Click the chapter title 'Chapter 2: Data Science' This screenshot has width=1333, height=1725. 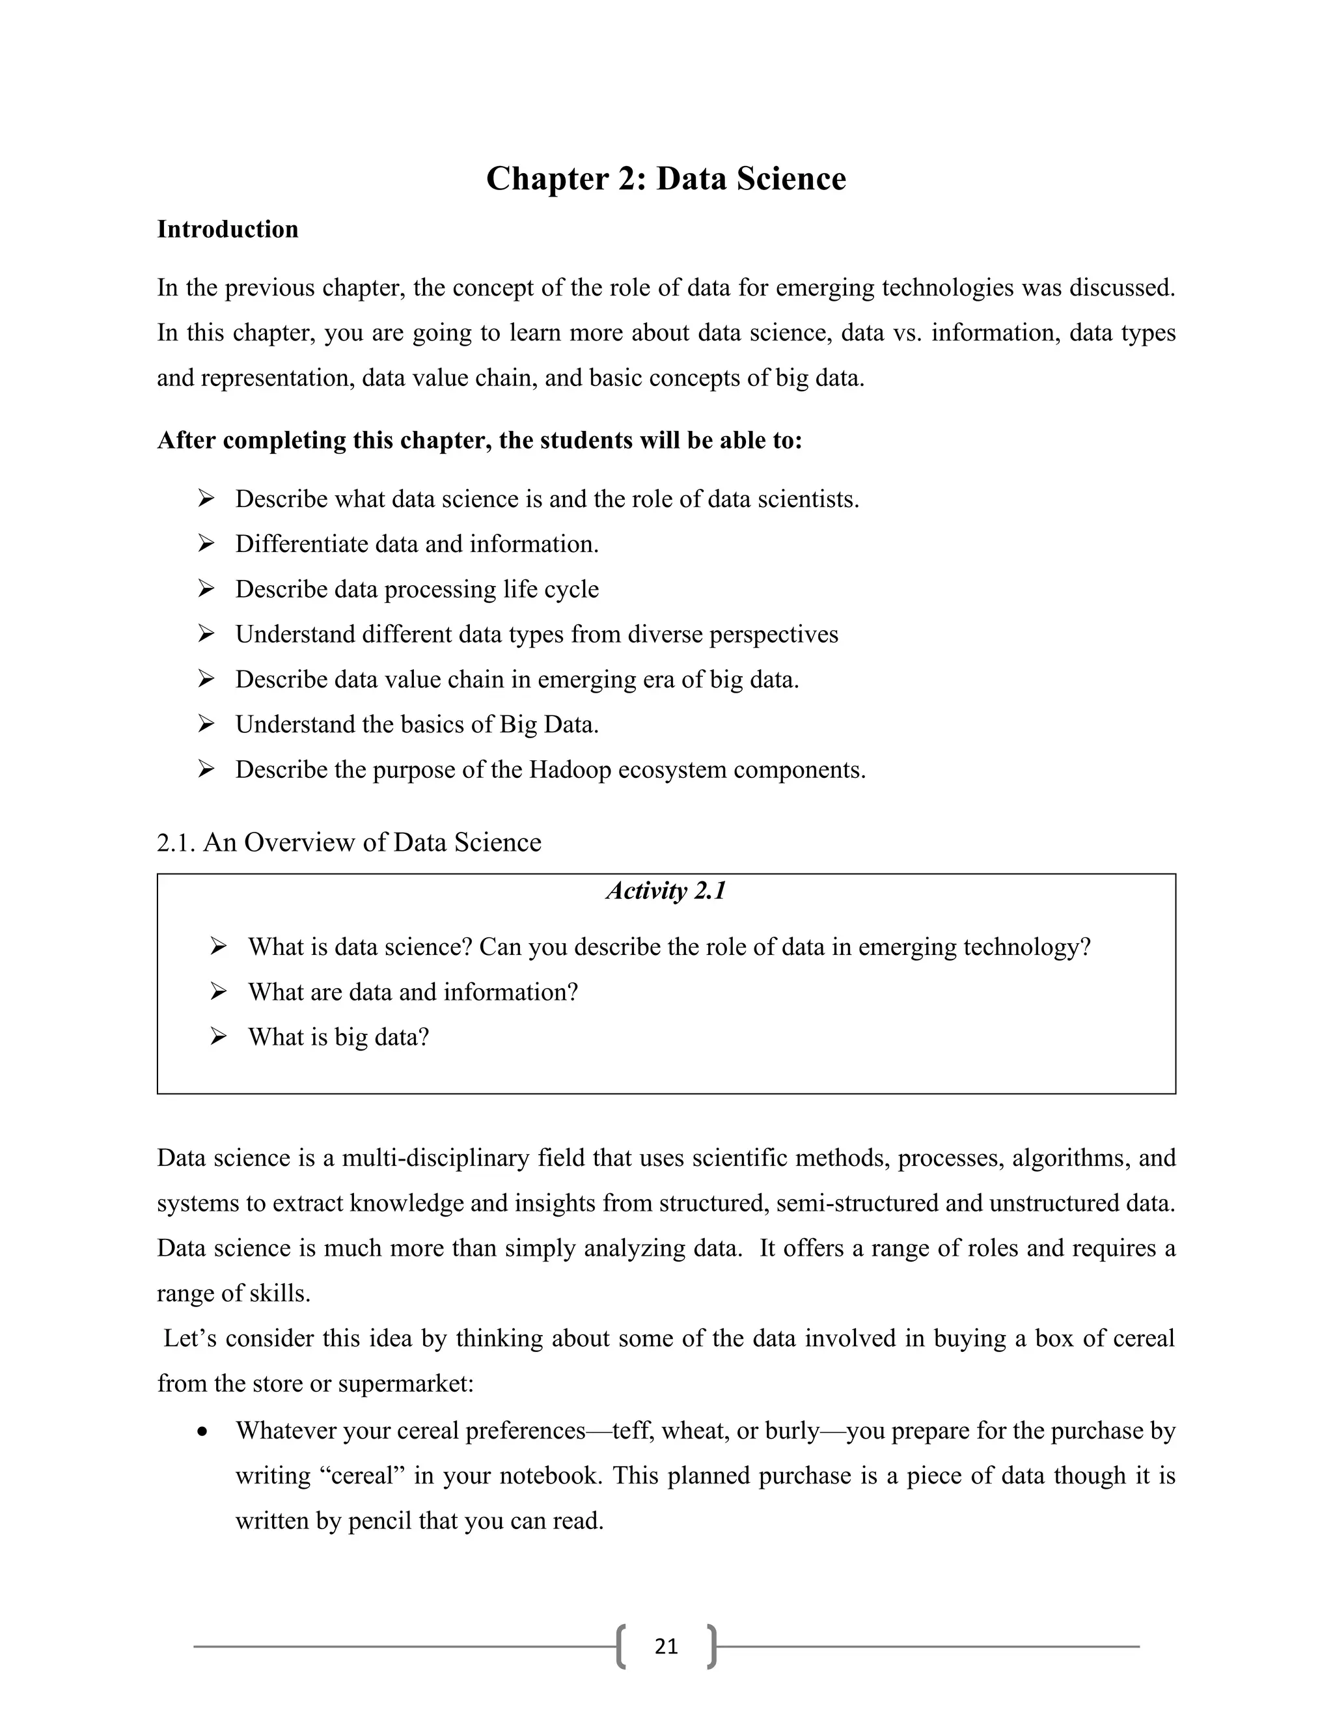(666, 178)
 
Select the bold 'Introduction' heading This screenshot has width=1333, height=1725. (227, 229)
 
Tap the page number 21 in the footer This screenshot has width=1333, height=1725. (666, 1646)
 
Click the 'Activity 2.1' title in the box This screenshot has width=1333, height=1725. (666, 891)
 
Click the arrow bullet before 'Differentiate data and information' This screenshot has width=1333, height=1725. (206, 544)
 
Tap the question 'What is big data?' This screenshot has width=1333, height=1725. (338, 1037)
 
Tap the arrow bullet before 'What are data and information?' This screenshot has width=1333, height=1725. (219, 991)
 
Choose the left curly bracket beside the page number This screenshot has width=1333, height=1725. (622, 1646)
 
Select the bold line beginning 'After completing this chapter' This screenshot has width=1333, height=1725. (479, 440)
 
